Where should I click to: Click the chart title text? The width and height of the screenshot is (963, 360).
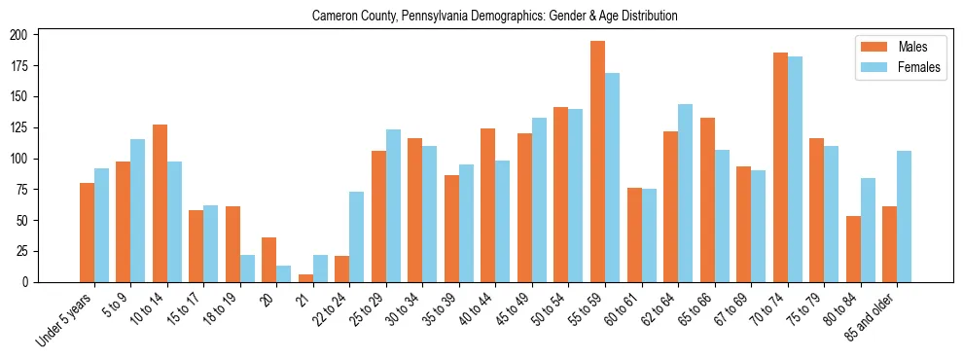coord(494,17)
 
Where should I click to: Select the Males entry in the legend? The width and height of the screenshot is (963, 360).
coord(899,47)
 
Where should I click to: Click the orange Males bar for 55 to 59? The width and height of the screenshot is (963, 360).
coord(597,162)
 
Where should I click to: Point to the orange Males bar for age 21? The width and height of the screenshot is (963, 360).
coord(305,278)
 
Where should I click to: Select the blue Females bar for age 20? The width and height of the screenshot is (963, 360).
coord(284,274)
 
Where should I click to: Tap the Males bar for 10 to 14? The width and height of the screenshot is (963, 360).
coord(160,203)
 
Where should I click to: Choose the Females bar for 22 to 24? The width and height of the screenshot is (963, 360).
coord(357,236)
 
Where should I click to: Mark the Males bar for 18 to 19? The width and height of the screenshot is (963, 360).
coord(232,244)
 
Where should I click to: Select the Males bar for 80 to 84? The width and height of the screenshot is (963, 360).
coord(853,249)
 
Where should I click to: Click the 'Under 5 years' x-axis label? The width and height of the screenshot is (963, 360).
coord(66,317)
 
